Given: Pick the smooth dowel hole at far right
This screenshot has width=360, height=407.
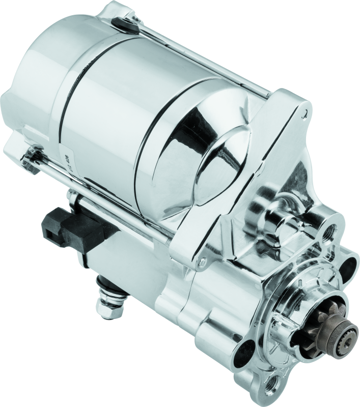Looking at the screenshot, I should (351, 265).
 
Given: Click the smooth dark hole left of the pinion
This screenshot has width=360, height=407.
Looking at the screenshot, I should (252, 351).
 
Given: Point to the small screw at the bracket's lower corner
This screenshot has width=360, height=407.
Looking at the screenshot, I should (203, 262).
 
